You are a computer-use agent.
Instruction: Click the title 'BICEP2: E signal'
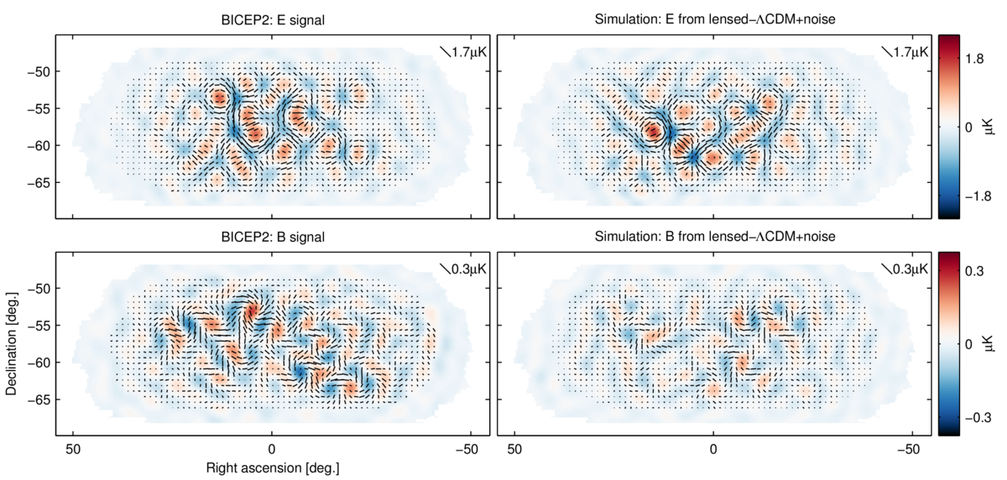point(272,23)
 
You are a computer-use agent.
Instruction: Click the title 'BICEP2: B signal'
point(272,237)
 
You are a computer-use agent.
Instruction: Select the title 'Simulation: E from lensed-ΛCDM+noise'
point(712,23)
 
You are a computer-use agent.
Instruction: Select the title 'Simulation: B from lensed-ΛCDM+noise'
point(712,237)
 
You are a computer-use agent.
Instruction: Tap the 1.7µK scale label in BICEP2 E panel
point(469,52)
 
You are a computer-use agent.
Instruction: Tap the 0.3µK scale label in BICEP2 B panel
point(469,269)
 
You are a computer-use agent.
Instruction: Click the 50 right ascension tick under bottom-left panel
point(74,447)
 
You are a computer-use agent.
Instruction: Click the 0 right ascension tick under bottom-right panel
point(713,447)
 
